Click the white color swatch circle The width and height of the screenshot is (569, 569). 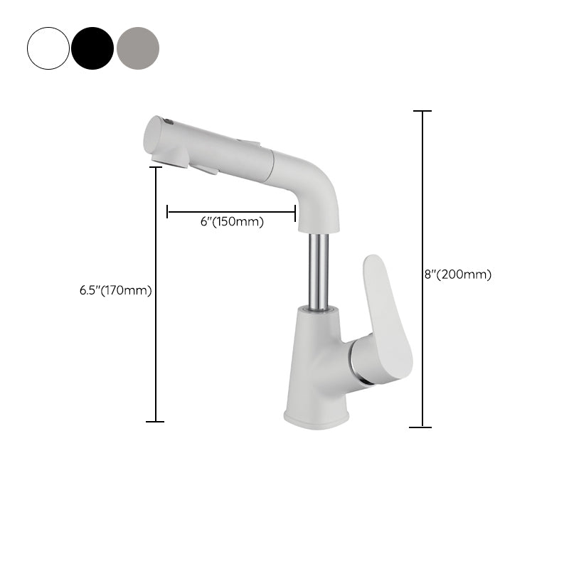[48, 48]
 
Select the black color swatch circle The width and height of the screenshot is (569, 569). [92, 48]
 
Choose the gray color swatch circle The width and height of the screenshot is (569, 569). [138, 48]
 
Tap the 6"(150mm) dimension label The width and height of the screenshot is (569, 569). [232, 222]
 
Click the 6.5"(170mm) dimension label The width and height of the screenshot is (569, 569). [116, 290]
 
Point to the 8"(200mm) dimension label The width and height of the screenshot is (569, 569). [458, 274]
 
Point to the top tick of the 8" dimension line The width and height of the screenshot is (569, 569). [422, 112]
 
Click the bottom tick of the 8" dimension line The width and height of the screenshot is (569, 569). [420, 427]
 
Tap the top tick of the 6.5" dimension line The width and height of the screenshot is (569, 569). [155, 168]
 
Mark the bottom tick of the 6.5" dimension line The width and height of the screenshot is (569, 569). [155, 422]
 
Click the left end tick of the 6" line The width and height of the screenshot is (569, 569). [167, 211]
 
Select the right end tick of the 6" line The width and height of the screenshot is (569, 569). [295, 211]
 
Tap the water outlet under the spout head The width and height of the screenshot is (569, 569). [203, 169]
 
